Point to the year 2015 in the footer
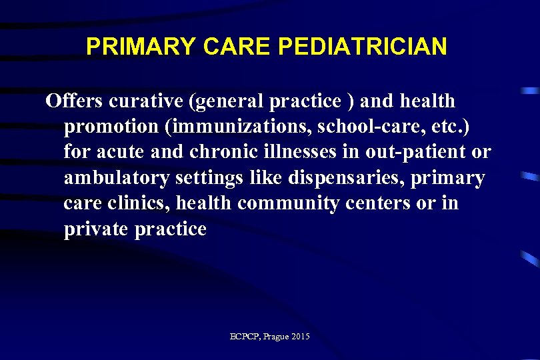pyautogui.click(x=301, y=337)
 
